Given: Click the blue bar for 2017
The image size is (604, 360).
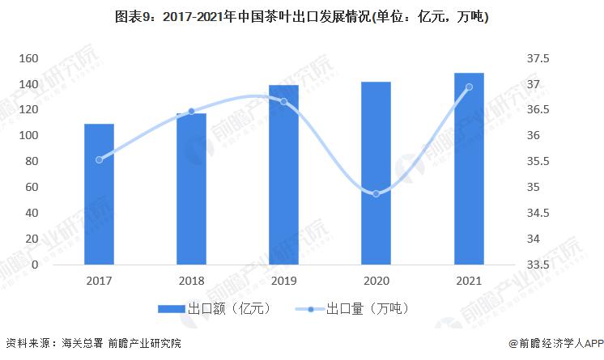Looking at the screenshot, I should [99, 194].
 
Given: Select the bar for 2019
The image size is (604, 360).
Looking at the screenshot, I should [284, 174].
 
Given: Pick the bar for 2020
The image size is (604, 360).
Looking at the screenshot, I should [376, 173].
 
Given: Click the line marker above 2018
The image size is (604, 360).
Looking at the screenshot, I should [192, 112].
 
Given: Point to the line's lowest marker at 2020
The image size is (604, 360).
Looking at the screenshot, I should [376, 194].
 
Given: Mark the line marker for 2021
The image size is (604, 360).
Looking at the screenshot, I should [469, 87].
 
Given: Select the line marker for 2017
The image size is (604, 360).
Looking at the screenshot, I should [99, 159].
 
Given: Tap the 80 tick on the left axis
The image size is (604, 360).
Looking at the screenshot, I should [32, 161].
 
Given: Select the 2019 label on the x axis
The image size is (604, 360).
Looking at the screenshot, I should [284, 280].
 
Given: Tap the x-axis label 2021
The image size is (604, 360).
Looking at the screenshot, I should [469, 280].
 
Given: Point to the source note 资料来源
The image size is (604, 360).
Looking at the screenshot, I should [28, 342].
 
